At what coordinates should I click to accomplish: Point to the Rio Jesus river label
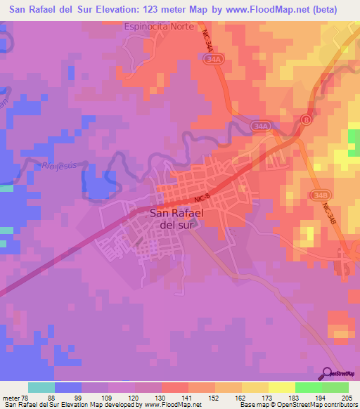click(x=58, y=165)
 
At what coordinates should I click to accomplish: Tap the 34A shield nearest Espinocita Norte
click(x=214, y=61)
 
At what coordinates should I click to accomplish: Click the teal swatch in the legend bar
click(x=41, y=387)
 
